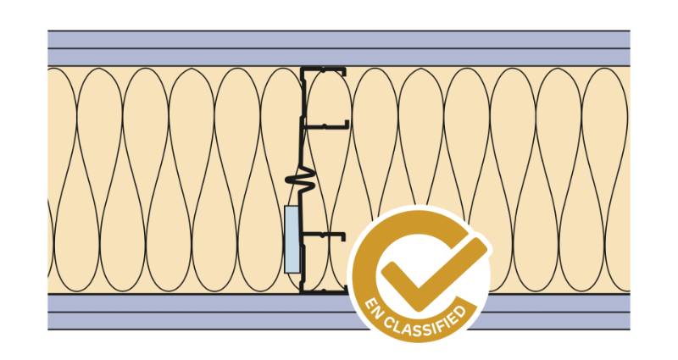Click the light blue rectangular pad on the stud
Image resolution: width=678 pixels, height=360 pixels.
[292, 238]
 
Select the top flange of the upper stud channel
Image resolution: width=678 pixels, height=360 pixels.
[326, 69]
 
